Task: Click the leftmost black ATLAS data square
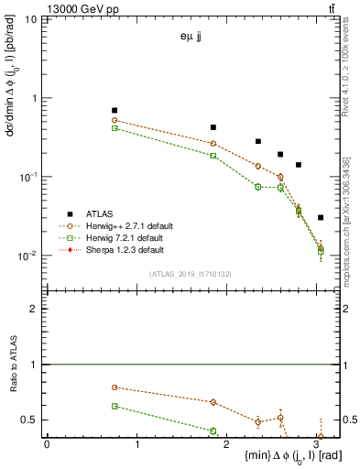coord(115,110)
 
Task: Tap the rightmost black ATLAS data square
coord(320,217)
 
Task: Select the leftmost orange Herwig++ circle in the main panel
coord(115,120)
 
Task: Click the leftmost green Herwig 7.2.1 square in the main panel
coord(115,128)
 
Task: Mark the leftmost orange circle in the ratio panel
coord(115,387)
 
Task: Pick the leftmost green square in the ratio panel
coord(115,406)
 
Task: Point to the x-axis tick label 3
coord(316,444)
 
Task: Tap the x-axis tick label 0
coord(47,444)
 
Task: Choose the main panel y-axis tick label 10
coord(31,19)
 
